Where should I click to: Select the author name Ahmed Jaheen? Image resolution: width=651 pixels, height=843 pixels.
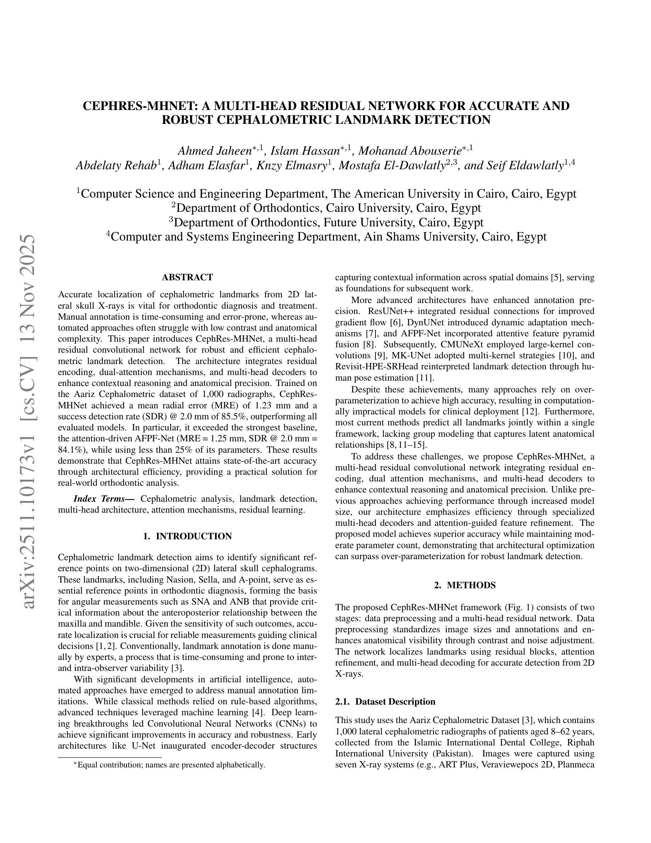pos(215,150)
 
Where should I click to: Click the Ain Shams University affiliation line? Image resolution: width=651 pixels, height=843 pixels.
pos(326,236)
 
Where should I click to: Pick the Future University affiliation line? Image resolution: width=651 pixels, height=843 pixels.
pos(326,222)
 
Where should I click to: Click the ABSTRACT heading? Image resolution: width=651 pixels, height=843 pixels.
pos(188,277)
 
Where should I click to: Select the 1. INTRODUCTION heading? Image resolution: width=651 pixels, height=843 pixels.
pos(188,536)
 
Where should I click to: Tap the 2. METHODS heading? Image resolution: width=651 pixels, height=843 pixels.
pos(465,585)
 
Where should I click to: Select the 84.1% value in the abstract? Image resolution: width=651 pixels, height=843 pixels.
pos(71,450)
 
